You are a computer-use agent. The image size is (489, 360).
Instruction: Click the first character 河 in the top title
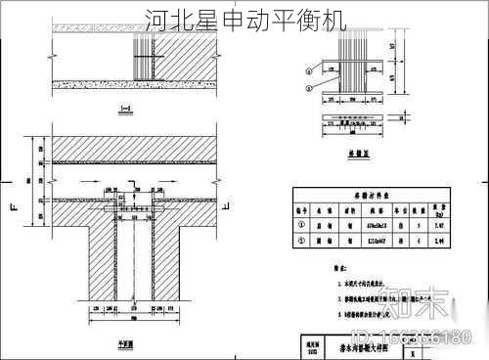(155, 20)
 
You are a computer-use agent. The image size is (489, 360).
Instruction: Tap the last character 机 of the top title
(334, 20)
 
